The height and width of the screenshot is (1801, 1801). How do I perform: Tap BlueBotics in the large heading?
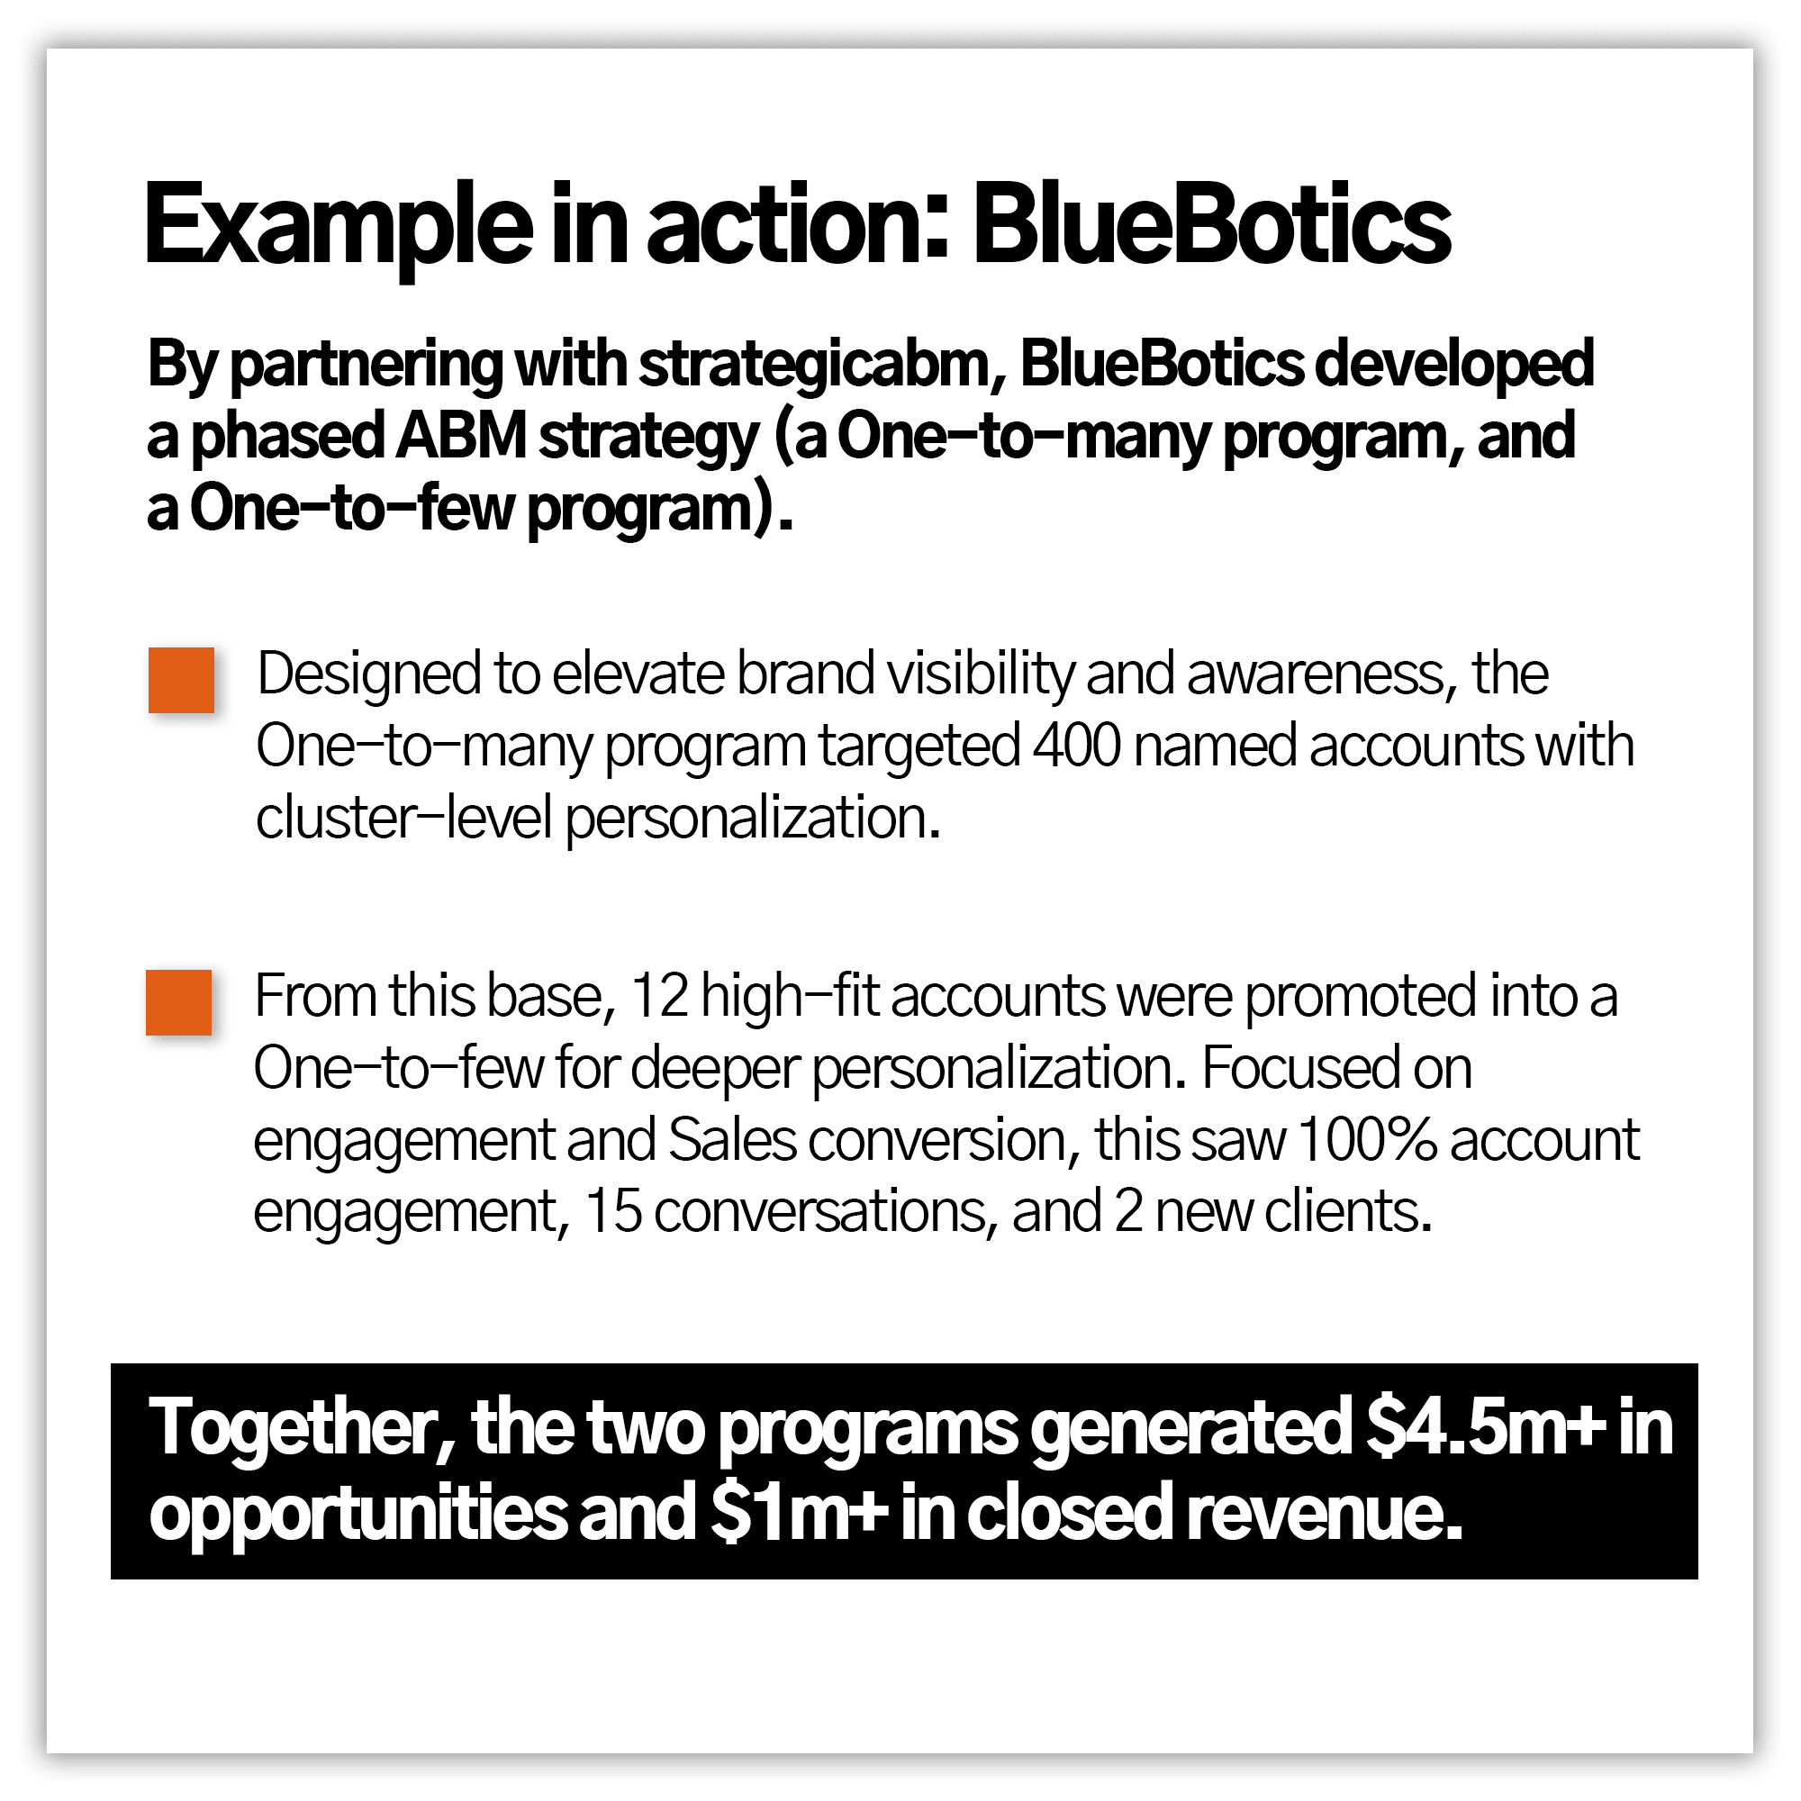pos(1211,223)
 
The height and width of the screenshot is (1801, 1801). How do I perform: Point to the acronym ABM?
pos(460,436)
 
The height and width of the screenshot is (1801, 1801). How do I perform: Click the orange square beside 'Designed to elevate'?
pos(181,680)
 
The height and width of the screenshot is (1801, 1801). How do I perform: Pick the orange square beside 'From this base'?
pos(178,1002)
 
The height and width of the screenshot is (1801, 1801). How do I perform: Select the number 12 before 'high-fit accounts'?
pos(659,996)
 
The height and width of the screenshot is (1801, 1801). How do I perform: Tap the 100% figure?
pos(1366,1139)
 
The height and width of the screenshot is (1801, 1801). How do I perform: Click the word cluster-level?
pos(404,818)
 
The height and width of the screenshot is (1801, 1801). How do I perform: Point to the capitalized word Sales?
pos(733,1139)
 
